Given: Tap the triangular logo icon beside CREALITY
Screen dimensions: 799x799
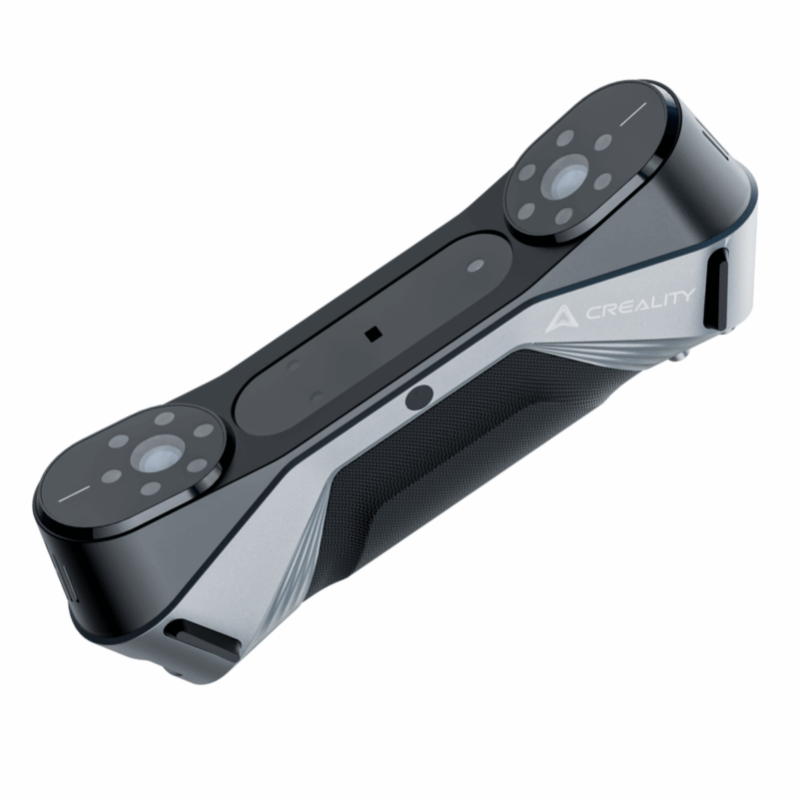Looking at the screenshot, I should pos(561,319).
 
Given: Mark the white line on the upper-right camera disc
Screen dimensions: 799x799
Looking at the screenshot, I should pos(633,115).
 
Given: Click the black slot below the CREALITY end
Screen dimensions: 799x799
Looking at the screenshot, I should pos(717,289).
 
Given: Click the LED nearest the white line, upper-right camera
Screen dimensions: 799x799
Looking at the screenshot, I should pos(602,144).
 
